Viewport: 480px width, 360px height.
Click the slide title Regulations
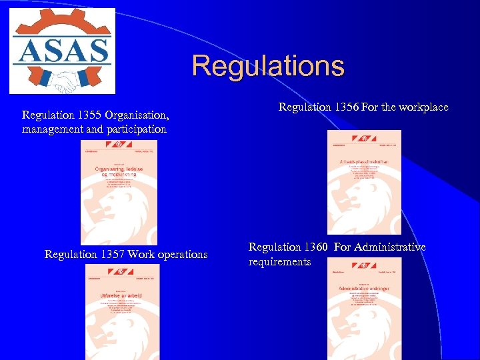coord(268,66)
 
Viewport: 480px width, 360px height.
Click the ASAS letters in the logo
coord(61,51)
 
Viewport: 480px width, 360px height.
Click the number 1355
coord(90,114)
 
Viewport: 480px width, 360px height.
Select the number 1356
coord(346,107)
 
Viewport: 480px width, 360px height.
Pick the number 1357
coord(112,255)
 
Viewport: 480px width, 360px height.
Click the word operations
coord(180,255)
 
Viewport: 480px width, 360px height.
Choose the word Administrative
coord(389,247)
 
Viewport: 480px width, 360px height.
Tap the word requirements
coord(279,262)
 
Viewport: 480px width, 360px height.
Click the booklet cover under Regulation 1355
coord(109,192)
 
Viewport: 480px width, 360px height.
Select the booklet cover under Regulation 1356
coord(364,181)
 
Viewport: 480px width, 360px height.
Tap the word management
coord(52,129)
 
